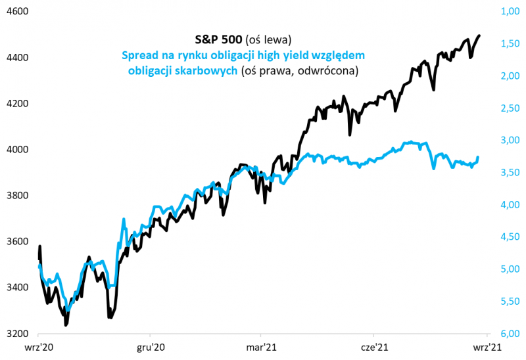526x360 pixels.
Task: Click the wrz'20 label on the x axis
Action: (39, 348)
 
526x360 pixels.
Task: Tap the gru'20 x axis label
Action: (151, 348)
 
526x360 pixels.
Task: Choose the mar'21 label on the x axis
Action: (262, 348)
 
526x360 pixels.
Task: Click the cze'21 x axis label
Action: (373, 348)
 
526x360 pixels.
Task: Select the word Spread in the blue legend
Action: (140, 55)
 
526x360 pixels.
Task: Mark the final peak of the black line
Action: (479, 35)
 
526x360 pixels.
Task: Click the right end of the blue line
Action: (478, 158)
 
